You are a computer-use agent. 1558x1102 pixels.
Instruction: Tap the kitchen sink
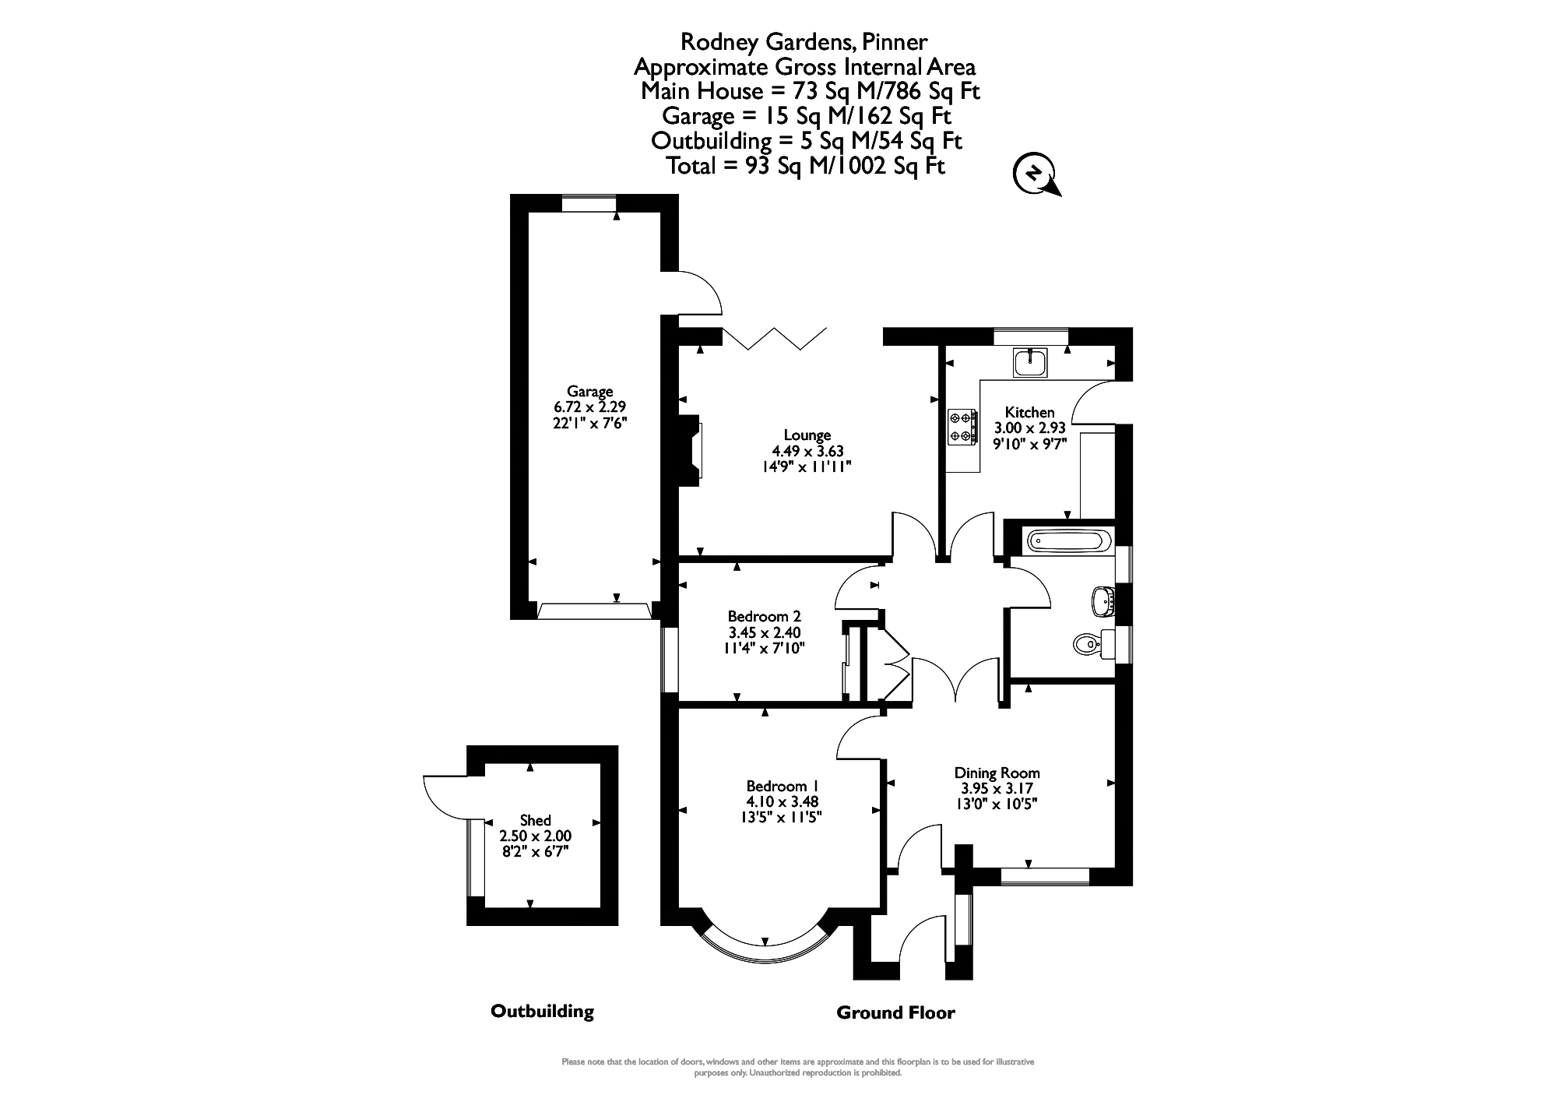point(1031,361)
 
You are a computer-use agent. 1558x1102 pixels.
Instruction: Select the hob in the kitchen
point(962,428)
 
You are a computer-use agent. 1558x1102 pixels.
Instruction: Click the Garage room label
point(589,392)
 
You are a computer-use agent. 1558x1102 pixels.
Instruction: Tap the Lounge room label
point(807,435)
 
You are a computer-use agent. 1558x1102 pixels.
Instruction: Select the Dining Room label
point(997,773)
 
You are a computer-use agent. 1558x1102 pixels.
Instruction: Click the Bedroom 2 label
point(764,617)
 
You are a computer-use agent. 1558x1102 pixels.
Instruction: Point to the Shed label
point(535,820)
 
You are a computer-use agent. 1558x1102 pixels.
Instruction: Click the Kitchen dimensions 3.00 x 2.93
point(1030,428)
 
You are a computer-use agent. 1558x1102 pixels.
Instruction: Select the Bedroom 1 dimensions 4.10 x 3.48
point(783,801)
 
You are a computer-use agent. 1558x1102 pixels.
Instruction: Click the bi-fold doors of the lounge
point(775,338)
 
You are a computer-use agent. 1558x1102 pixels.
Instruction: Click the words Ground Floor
point(895,1012)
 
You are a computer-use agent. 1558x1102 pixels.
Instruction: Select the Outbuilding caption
point(542,1011)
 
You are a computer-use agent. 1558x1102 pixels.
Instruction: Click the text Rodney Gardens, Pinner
point(804,41)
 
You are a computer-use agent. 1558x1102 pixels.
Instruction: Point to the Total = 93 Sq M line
point(806,166)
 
